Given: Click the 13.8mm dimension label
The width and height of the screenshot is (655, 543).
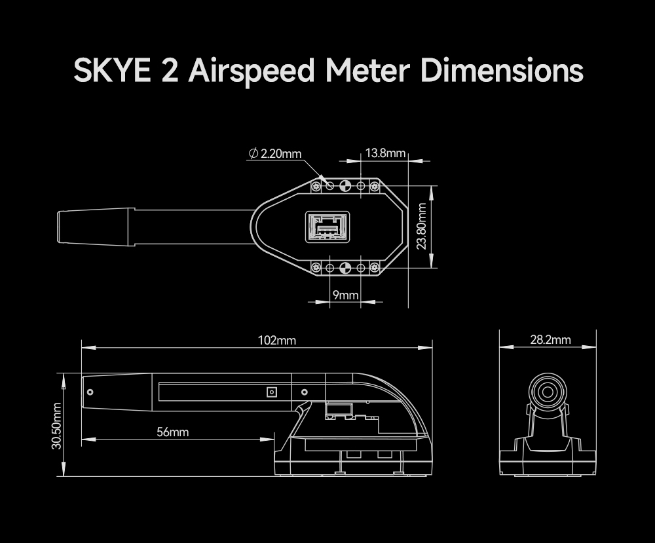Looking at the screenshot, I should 384,153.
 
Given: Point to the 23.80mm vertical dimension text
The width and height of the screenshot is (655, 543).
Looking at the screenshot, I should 422,226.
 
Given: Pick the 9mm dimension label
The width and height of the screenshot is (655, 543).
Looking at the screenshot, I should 345,295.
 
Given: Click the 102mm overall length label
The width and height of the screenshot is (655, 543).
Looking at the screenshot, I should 276,341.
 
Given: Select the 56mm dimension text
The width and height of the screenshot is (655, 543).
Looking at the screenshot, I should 172,432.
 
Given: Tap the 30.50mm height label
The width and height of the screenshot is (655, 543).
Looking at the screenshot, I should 57,426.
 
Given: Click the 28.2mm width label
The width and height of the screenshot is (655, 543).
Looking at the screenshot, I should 550,340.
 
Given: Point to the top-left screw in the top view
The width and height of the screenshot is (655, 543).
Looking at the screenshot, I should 317,187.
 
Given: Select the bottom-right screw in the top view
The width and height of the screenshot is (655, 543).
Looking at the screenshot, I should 375,267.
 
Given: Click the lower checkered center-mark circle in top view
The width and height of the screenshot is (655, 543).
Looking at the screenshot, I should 346,267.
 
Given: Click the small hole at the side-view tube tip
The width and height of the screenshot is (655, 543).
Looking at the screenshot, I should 90,392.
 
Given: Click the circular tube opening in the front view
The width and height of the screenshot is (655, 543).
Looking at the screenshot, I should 546,392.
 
